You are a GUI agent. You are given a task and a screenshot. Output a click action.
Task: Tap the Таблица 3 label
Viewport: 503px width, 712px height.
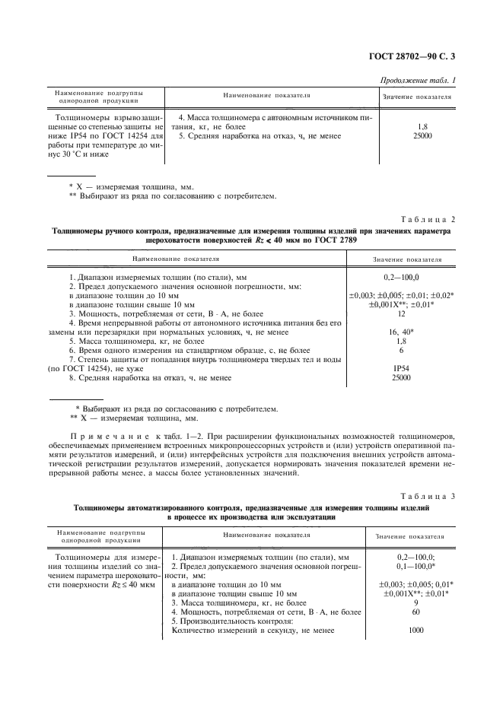point(428,497)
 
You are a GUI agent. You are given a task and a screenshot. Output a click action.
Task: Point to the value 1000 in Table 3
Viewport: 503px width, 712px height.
point(416,630)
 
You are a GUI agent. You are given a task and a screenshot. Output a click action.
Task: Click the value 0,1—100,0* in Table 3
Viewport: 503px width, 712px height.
point(416,567)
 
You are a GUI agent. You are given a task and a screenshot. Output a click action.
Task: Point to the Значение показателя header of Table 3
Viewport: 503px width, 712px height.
point(416,537)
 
